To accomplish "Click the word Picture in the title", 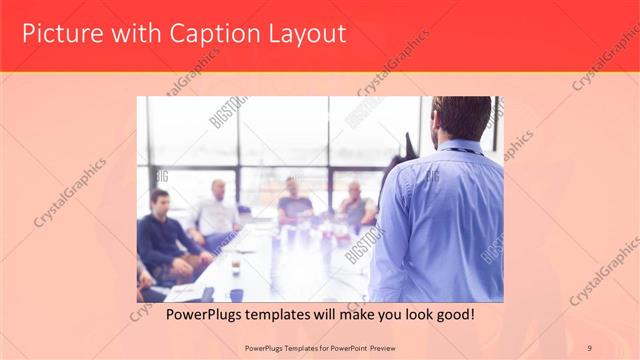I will (59, 34).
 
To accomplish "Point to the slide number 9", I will (589, 347).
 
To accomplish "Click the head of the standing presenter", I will (461, 117).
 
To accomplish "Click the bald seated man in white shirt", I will (217, 211).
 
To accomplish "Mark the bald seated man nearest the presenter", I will (356, 205).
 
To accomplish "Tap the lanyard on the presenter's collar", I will (458, 150).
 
